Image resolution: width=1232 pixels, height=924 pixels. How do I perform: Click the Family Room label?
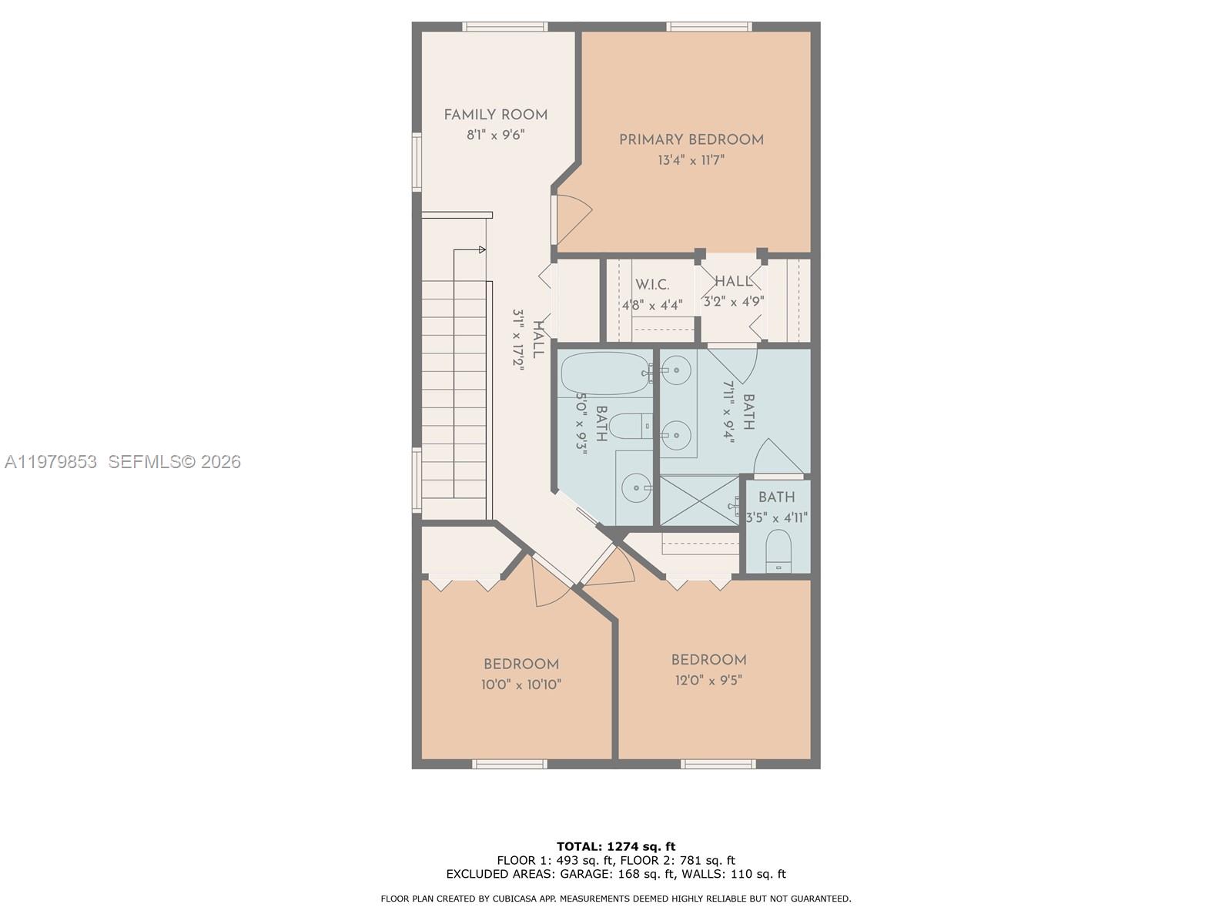pyautogui.click(x=495, y=115)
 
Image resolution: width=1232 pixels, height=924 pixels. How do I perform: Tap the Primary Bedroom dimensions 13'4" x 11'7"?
pyautogui.click(x=691, y=160)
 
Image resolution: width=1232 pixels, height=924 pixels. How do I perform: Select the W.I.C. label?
pyautogui.click(x=652, y=285)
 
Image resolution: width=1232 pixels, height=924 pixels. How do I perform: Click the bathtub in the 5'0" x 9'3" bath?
pyautogui.click(x=604, y=373)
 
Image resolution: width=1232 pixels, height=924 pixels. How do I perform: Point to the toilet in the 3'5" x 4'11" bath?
pyautogui.click(x=778, y=551)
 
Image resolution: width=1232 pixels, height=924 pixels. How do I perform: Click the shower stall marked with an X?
pyautogui.click(x=699, y=501)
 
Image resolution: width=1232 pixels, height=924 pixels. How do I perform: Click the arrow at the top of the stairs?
pyautogui.click(x=481, y=249)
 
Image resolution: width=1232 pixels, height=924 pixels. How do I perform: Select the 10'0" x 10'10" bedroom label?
pyautogui.click(x=521, y=665)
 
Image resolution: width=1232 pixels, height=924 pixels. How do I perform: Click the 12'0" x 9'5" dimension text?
pyautogui.click(x=708, y=680)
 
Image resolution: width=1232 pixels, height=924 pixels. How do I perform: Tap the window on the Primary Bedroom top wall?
pyautogui.click(x=708, y=27)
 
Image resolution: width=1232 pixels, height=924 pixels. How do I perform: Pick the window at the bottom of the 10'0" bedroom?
pyautogui.click(x=509, y=764)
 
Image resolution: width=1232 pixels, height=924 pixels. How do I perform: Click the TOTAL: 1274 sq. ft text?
pyautogui.click(x=616, y=846)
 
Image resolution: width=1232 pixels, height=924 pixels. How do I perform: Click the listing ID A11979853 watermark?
pyautogui.click(x=51, y=461)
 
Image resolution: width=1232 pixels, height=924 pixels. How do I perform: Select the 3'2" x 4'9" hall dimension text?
pyautogui.click(x=733, y=301)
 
